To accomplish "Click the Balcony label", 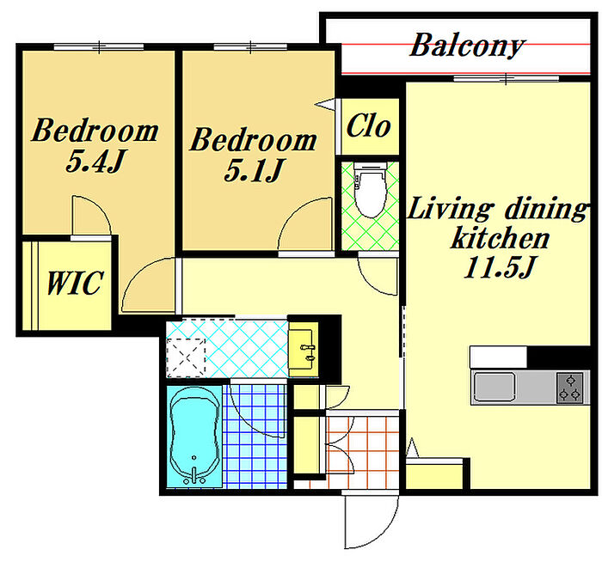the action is [x=467, y=46].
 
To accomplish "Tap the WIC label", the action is [x=75, y=283].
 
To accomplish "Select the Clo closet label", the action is [x=368, y=125].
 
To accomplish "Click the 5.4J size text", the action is [x=95, y=161].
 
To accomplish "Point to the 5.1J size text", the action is [x=255, y=170].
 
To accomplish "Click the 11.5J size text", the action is [x=500, y=267].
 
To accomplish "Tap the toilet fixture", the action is [x=370, y=189].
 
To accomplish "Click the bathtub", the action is [x=194, y=437].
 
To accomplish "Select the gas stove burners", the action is [x=570, y=388].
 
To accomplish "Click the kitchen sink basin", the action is [x=494, y=387].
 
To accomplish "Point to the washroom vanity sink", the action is [x=303, y=348].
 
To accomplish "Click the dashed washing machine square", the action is [x=187, y=357].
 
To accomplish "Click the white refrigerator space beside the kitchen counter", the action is [x=498, y=357].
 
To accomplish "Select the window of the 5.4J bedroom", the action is [x=99, y=46].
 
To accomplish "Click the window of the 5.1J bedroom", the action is [x=250, y=46].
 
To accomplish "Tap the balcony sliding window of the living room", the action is [x=506, y=78].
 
